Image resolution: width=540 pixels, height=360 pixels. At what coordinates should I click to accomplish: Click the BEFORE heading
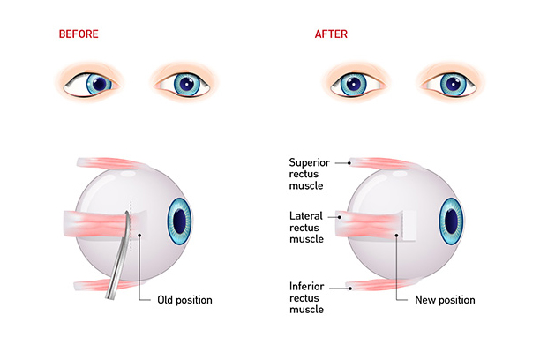[x=79, y=34]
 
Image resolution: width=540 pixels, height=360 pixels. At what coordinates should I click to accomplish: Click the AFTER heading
[x=332, y=34]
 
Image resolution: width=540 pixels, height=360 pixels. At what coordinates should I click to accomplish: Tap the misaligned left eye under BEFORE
[x=96, y=83]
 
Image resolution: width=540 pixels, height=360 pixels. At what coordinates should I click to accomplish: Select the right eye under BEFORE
[x=182, y=83]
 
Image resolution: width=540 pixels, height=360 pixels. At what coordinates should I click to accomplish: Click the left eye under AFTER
[x=355, y=83]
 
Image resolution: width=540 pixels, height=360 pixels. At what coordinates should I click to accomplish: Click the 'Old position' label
[x=184, y=300]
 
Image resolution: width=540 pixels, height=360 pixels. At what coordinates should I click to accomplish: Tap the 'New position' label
[x=445, y=300]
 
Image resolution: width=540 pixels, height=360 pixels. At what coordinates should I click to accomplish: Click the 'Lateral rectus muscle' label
[x=309, y=227]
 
